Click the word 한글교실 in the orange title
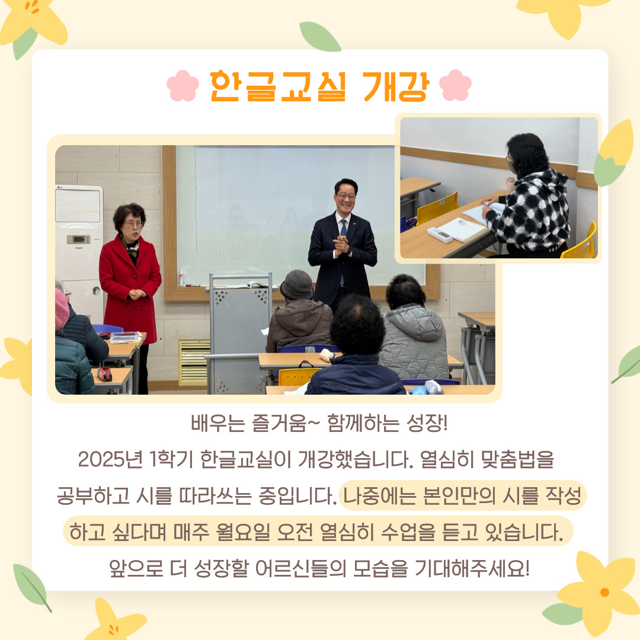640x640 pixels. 278,86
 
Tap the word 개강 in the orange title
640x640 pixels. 396,86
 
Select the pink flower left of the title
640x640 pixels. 183,86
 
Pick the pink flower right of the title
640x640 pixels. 455,85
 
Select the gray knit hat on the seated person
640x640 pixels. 297,284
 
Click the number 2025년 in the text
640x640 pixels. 110,459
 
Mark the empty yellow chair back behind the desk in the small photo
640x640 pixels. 437,208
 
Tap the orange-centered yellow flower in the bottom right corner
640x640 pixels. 600,591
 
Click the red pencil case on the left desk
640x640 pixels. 104,373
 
